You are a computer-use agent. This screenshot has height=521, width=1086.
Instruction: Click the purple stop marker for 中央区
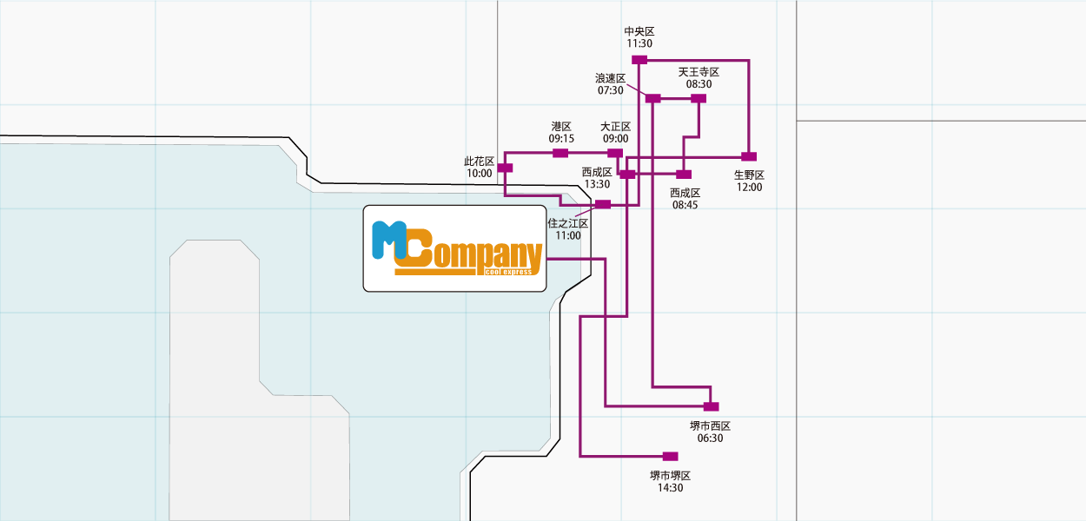point(639,59)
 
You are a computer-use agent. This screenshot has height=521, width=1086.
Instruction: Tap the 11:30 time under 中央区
point(639,43)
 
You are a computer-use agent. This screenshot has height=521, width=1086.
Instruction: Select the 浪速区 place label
point(610,78)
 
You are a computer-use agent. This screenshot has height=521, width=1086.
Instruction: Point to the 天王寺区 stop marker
point(698,99)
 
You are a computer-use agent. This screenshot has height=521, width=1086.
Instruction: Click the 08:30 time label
point(699,84)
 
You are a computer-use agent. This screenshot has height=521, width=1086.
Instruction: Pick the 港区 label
point(561,127)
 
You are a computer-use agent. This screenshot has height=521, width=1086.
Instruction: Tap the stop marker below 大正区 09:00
point(615,153)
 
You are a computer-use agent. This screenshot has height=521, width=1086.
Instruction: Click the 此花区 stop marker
point(505,168)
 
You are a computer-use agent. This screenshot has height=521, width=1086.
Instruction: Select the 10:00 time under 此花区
point(479,174)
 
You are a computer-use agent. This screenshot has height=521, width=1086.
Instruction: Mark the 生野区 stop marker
point(749,156)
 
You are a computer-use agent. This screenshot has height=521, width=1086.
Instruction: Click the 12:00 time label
point(749,187)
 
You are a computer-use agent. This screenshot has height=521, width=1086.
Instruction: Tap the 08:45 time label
point(685,205)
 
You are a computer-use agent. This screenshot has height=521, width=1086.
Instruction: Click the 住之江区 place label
point(568,223)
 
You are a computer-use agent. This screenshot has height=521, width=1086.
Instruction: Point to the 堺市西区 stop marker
point(711,406)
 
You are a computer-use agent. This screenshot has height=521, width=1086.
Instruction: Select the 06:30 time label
point(710,439)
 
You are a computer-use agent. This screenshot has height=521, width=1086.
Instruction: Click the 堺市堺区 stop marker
point(670,456)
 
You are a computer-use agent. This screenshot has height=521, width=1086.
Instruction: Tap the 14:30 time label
point(670,488)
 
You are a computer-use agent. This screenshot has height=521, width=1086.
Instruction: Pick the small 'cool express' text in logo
point(507,272)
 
